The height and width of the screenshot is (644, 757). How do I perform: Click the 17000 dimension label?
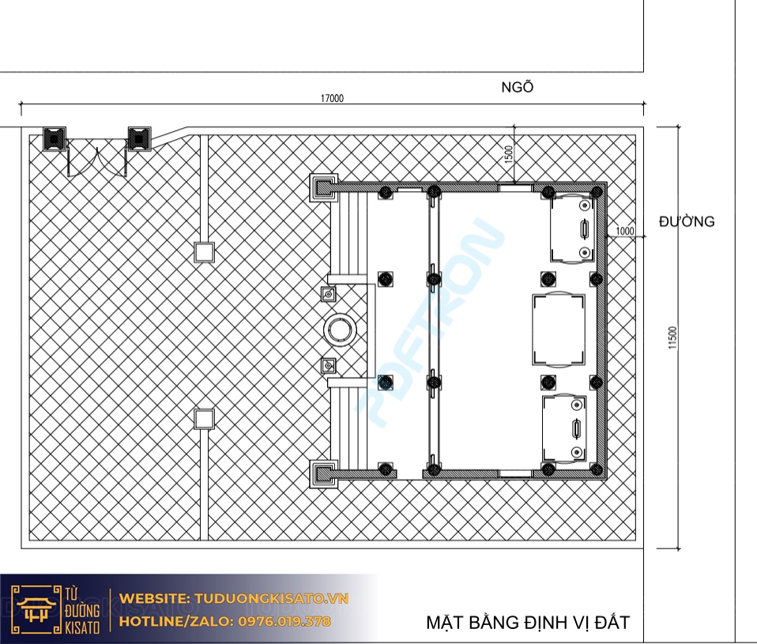tap(332, 99)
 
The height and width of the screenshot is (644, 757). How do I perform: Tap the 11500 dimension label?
tap(673, 337)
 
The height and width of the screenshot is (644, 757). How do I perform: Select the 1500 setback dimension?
tap(508, 155)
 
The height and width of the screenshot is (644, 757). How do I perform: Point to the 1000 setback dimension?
tap(625, 232)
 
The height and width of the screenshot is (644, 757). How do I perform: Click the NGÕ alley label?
tap(518, 88)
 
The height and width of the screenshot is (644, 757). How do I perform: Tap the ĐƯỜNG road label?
tap(687, 221)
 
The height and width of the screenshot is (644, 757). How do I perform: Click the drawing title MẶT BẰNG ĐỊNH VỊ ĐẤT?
tap(528, 623)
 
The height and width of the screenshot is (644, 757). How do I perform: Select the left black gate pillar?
tap(54, 139)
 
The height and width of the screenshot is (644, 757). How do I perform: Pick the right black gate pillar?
tap(139, 139)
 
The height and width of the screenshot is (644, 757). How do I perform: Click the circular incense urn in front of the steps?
tap(340, 330)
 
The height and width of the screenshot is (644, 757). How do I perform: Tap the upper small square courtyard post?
tap(204, 252)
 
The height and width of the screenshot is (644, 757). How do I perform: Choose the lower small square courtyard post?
tap(204, 419)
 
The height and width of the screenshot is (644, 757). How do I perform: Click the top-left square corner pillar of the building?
tap(323, 188)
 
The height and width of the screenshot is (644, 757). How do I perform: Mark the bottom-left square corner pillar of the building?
tap(323, 473)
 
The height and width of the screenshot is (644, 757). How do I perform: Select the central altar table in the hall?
tap(559, 330)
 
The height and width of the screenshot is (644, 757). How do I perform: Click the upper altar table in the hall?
tap(571, 228)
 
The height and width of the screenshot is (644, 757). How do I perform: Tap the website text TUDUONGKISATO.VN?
tap(271, 599)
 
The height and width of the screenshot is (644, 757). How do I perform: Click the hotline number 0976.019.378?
tap(284, 621)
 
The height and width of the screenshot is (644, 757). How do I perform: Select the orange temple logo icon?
tap(35, 609)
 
